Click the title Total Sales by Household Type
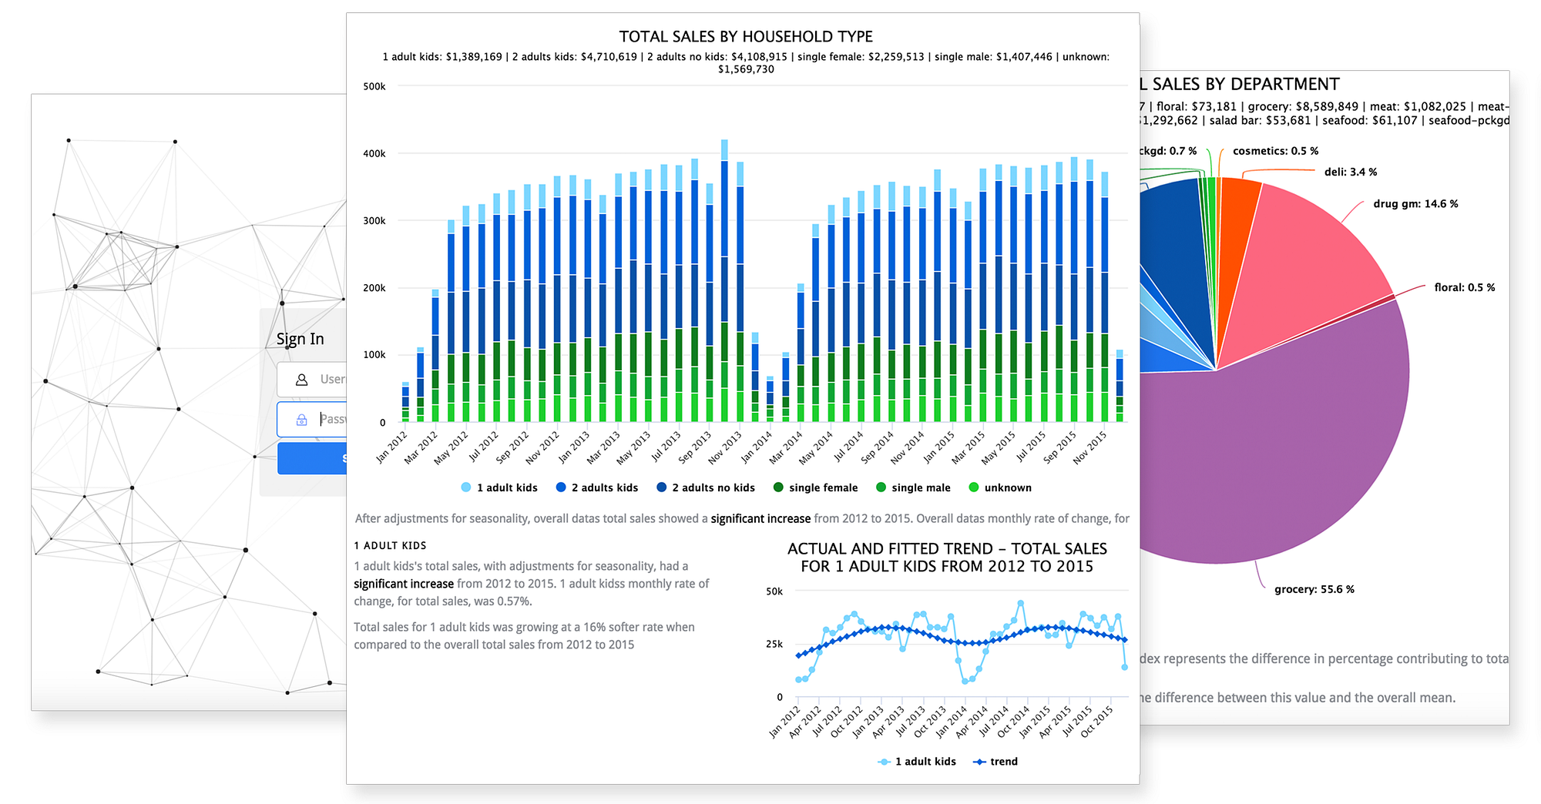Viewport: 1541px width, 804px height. pos(746,37)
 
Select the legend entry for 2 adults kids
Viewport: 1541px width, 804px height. pos(596,487)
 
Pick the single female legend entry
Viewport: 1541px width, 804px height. pos(815,487)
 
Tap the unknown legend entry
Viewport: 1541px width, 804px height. pos(999,487)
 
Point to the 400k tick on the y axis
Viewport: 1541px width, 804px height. pos(374,154)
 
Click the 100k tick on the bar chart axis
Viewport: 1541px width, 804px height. pos(374,355)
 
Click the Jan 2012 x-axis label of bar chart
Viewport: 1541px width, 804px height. pos(392,447)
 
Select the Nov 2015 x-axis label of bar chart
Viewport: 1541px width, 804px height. pos(1090,447)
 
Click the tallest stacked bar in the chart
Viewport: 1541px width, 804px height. pos(724,281)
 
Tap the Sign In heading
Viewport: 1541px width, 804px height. pos(300,340)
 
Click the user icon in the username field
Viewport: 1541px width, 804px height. pos(302,380)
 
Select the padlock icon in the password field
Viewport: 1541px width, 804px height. pos(302,420)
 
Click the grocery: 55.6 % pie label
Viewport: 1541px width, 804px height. pos(1314,589)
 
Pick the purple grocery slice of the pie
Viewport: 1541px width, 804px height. pos(1294,447)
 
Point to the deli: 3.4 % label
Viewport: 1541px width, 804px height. pos(1350,172)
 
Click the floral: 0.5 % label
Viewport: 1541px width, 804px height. pos(1464,287)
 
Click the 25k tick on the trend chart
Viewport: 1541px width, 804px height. pos(774,644)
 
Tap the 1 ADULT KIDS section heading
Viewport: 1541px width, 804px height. pos(390,545)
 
